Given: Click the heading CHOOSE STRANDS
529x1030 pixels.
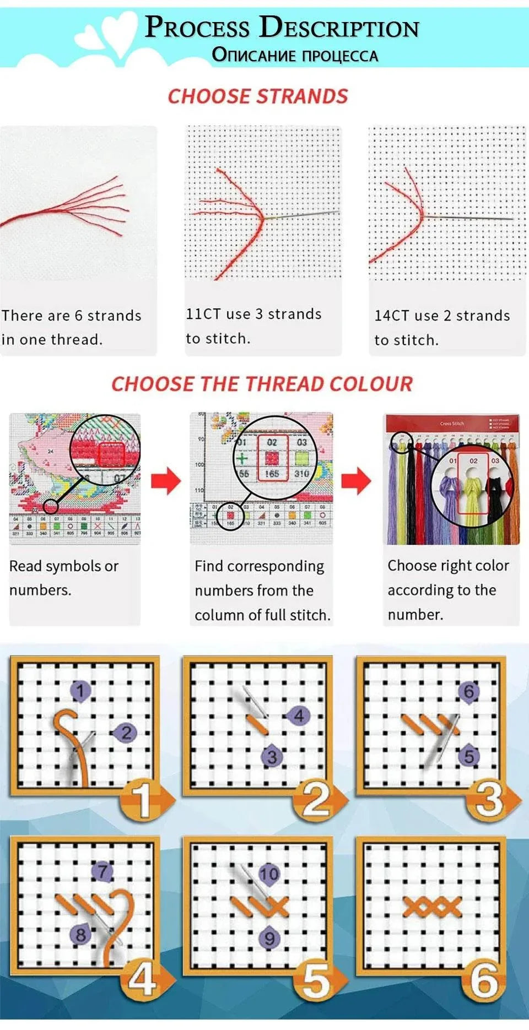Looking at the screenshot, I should click(258, 96).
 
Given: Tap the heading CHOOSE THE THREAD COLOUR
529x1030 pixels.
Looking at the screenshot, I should click(262, 384).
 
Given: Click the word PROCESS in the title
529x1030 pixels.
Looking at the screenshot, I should click(197, 27).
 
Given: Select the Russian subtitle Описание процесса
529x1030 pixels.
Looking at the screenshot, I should click(295, 55).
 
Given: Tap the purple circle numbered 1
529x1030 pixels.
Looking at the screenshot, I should click(80, 691).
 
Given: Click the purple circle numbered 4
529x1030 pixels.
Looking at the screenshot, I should click(298, 715).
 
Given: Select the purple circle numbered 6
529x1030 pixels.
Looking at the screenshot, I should click(468, 691).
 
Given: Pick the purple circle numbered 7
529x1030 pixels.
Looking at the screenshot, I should click(102, 871).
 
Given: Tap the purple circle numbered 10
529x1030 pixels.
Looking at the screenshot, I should click(269, 874).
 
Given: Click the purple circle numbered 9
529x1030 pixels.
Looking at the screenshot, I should click(269, 938).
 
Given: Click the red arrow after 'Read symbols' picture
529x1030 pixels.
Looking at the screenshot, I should click(166, 480).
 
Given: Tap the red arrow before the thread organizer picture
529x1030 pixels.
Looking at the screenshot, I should click(357, 480).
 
